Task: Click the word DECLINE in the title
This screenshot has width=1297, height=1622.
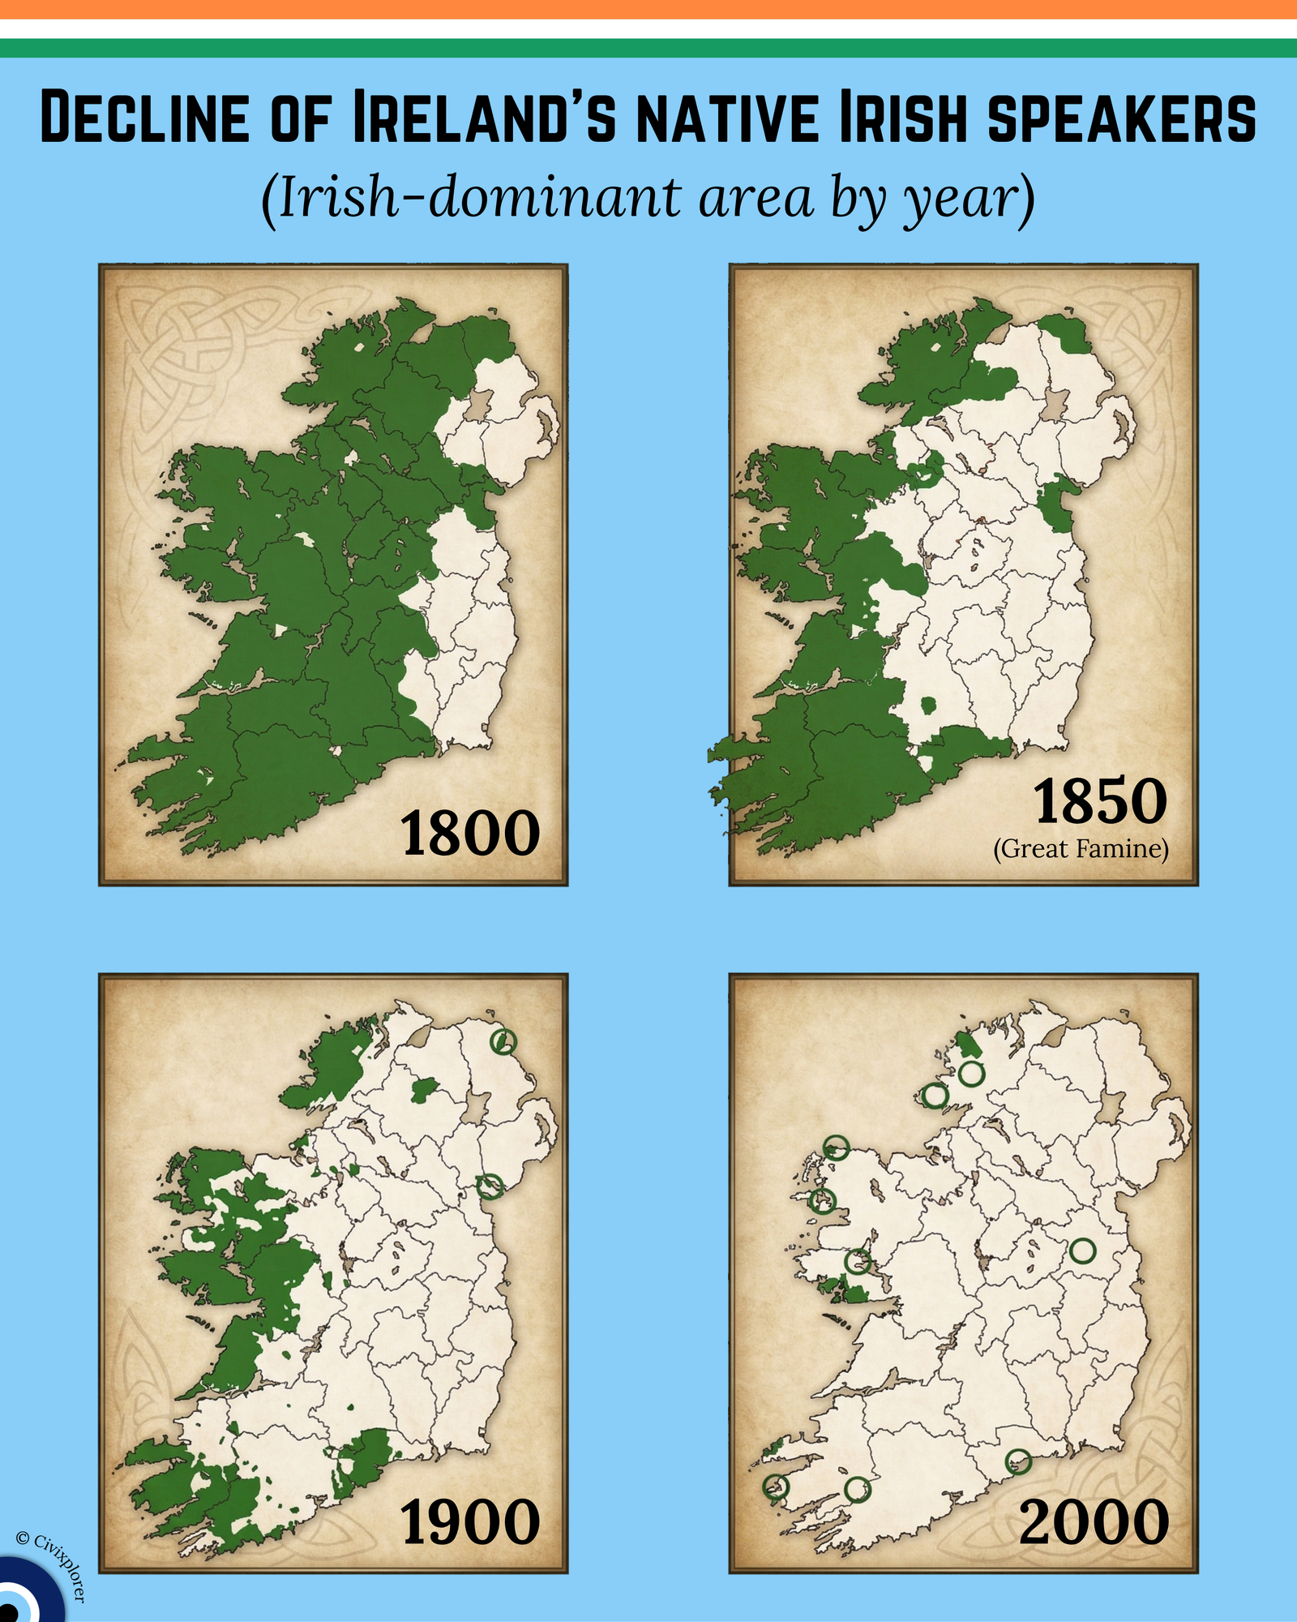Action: [x=144, y=118]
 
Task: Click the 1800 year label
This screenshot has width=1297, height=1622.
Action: [x=470, y=834]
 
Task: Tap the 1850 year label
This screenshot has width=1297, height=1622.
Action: [x=1100, y=801]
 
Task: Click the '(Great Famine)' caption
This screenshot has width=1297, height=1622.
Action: [x=1081, y=849]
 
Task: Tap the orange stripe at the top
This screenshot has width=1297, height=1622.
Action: [x=648, y=9]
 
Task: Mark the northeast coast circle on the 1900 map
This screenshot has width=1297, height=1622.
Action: [x=503, y=1041]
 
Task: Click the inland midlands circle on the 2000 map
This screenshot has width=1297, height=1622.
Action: [x=1082, y=1251]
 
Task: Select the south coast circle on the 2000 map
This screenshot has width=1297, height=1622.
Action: [x=1017, y=1461]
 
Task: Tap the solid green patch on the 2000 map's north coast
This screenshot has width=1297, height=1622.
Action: [x=965, y=1045]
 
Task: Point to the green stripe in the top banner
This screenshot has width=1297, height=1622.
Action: [x=648, y=48]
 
